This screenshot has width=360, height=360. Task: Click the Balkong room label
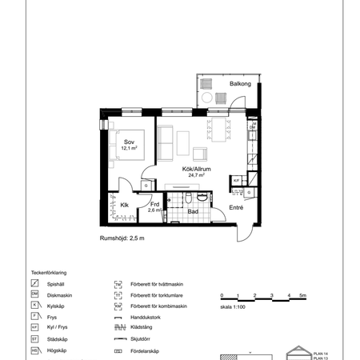point(240,83)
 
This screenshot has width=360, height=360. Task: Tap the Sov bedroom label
point(129,142)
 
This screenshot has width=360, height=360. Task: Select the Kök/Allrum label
point(193,169)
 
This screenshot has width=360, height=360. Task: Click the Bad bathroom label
point(193,211)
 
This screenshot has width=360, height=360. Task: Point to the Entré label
point(237,207)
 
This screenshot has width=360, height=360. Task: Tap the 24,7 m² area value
point(194,175)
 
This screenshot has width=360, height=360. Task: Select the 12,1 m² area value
point(130,148)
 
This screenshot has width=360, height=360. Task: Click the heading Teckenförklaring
point(47,272)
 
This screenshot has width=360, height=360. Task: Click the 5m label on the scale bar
point(303,296)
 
